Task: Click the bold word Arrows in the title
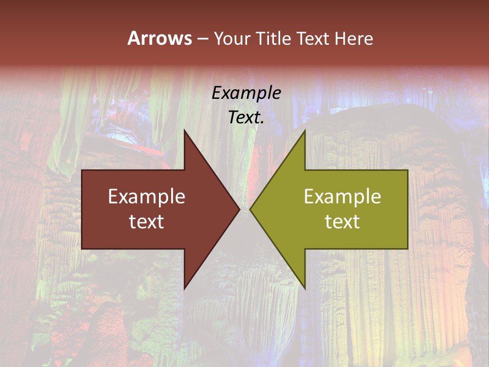tap(159, 38)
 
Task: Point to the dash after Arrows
tap(202, 39)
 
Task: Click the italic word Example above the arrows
tap(246, 93)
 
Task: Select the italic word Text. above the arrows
tap(246, 117)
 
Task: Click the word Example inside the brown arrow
tap(147, 196)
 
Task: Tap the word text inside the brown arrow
tap(147, 221)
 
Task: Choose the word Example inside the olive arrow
tap(342, 196)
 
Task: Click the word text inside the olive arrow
tap(342, 221)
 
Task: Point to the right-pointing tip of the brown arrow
tap(239, 209)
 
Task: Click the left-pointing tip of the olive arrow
tap(250, 209)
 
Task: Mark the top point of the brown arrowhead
tap(184, 130)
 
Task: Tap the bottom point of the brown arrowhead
tap(184, 289)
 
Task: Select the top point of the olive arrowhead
tap(305, 130)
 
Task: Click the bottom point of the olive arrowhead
tap(305, 289)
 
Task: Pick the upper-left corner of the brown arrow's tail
tap(82, 170)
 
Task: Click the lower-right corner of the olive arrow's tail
tap(407, 248)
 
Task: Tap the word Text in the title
tap(313, 38)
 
